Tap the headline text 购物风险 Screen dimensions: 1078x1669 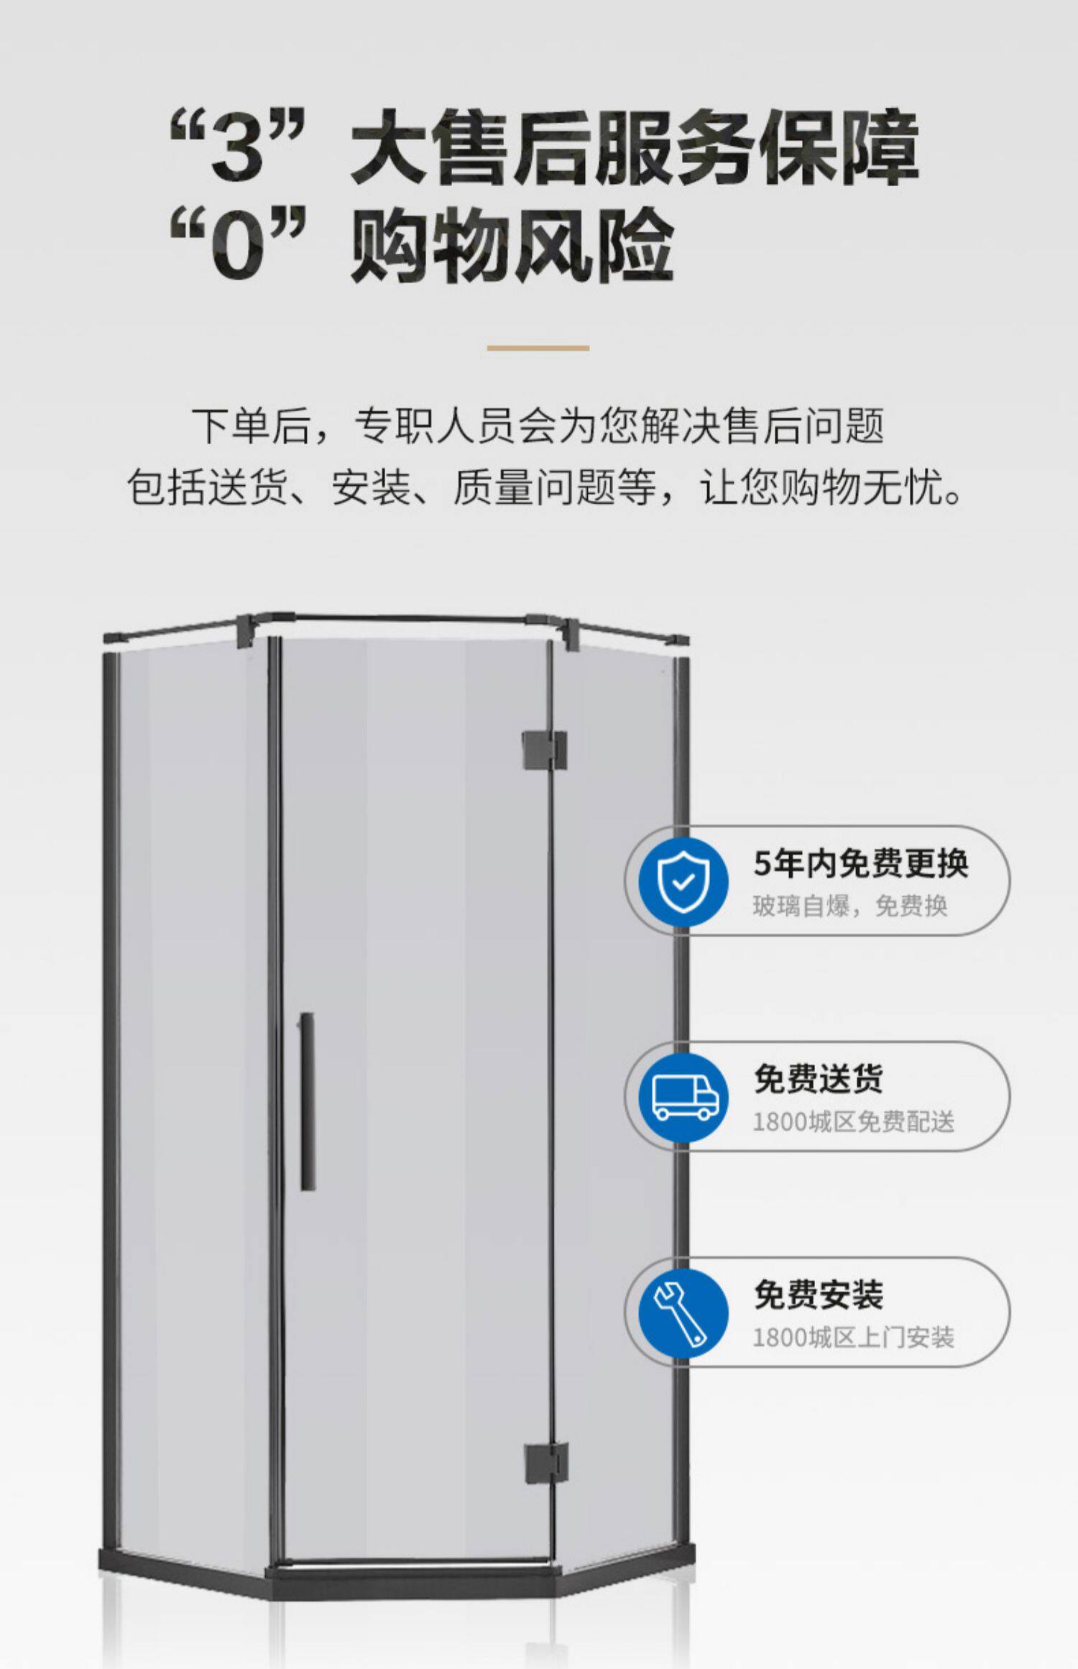point(512,244)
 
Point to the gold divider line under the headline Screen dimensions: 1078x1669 point(538,348)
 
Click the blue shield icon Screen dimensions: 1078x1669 point(683,881)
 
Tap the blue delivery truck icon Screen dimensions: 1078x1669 point(683,1097)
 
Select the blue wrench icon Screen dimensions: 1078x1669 point(683,1313)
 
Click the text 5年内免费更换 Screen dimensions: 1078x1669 point(861,863)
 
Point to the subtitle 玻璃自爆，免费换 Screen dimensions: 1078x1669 point(850,906)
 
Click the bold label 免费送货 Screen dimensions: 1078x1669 point(819,1079)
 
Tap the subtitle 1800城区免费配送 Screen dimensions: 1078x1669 point(854,1121)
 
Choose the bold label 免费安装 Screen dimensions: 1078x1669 point(819,1295)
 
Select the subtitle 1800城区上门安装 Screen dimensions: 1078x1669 point(854,1338)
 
